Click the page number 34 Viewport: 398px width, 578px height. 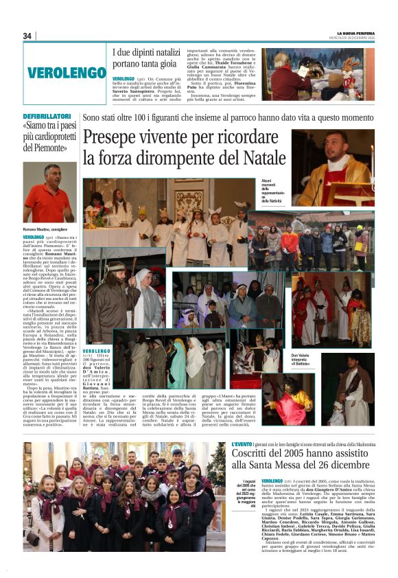click(x=27, y=36)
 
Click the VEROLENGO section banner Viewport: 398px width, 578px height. click(x=67, y=72)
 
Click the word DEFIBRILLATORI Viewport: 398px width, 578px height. click(x=47, y=117)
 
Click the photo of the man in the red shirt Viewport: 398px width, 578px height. click(x=49, y=192)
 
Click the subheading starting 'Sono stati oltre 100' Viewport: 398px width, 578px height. click(x=227, y=118)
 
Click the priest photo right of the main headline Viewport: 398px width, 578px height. click(x=336, y=167)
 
